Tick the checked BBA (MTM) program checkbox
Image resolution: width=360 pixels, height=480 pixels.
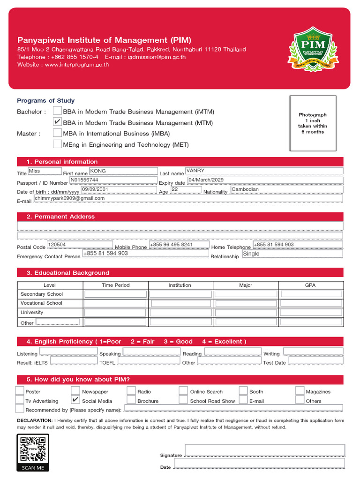point(57,122)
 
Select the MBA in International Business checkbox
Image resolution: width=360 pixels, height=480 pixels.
point(57,133)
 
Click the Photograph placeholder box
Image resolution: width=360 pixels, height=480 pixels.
point(313,123)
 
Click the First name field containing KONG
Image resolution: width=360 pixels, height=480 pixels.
point(123,172)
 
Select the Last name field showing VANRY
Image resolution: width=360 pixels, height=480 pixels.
point(264,171)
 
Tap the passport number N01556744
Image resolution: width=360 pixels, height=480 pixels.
point(113,180)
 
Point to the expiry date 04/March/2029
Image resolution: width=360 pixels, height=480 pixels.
point(264,180)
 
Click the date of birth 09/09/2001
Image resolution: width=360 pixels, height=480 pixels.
point(118,189)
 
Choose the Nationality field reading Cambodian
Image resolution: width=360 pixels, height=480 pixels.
point(286,190)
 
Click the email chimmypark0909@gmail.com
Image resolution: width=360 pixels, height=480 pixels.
point(187,198)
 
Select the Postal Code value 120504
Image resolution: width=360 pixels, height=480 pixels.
point(80,245)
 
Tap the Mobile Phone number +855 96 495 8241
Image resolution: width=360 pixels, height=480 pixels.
point(178,245)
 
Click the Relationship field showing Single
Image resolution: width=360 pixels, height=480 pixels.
point(292,254)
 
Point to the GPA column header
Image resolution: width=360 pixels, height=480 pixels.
point(311,285)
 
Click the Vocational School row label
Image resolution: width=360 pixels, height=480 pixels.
point(41,303)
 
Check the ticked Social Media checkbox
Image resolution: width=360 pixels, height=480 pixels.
point(75,400)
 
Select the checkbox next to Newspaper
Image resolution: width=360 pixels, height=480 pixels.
point(75,391)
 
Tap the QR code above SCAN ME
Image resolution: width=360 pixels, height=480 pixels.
point(33,449)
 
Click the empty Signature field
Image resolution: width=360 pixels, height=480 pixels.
point(265,450)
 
